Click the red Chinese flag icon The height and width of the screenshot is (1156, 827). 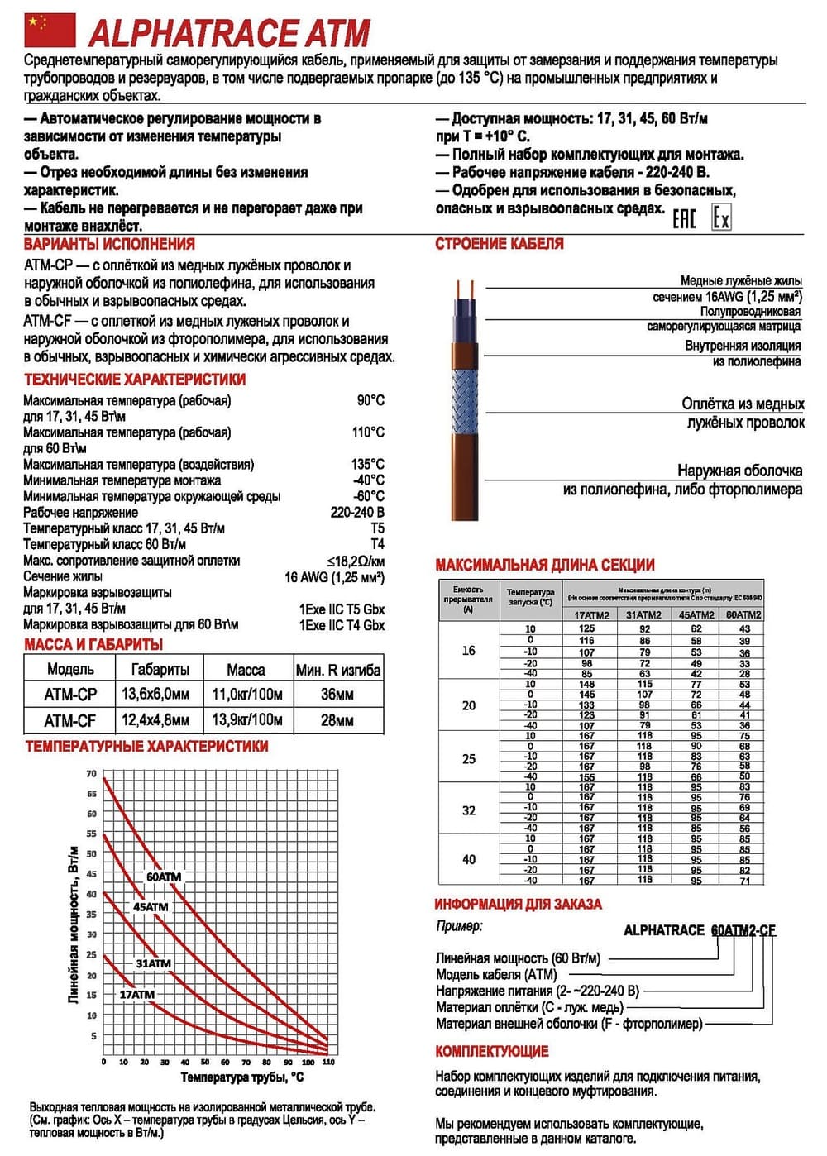click(49, 31)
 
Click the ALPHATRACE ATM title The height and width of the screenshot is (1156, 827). click(229, 33)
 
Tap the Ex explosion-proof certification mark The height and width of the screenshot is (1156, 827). click(721, 218)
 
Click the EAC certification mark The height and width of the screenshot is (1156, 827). click(684, 218)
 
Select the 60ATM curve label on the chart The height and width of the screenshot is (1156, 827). click(163, 877)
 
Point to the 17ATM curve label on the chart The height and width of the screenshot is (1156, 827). click(136, 995)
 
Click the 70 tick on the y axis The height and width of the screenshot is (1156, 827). click(91, 774)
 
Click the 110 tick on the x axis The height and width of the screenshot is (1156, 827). click(328, 1062)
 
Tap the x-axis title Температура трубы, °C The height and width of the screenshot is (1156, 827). click(241, 1077)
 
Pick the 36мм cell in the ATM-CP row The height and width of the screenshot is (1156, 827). click(337, 695)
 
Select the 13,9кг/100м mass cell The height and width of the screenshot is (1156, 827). click(246, 720)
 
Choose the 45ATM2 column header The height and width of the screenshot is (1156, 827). click(696, 615)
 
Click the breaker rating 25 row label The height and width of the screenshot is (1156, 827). click(469, 758)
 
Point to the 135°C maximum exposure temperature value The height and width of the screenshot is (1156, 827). click(368, 465)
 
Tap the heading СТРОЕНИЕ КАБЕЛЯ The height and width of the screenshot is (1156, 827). click(500, 244)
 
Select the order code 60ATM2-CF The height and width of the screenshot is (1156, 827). click(743, 930)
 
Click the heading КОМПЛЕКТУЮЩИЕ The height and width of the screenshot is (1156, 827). click(492, 1052)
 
